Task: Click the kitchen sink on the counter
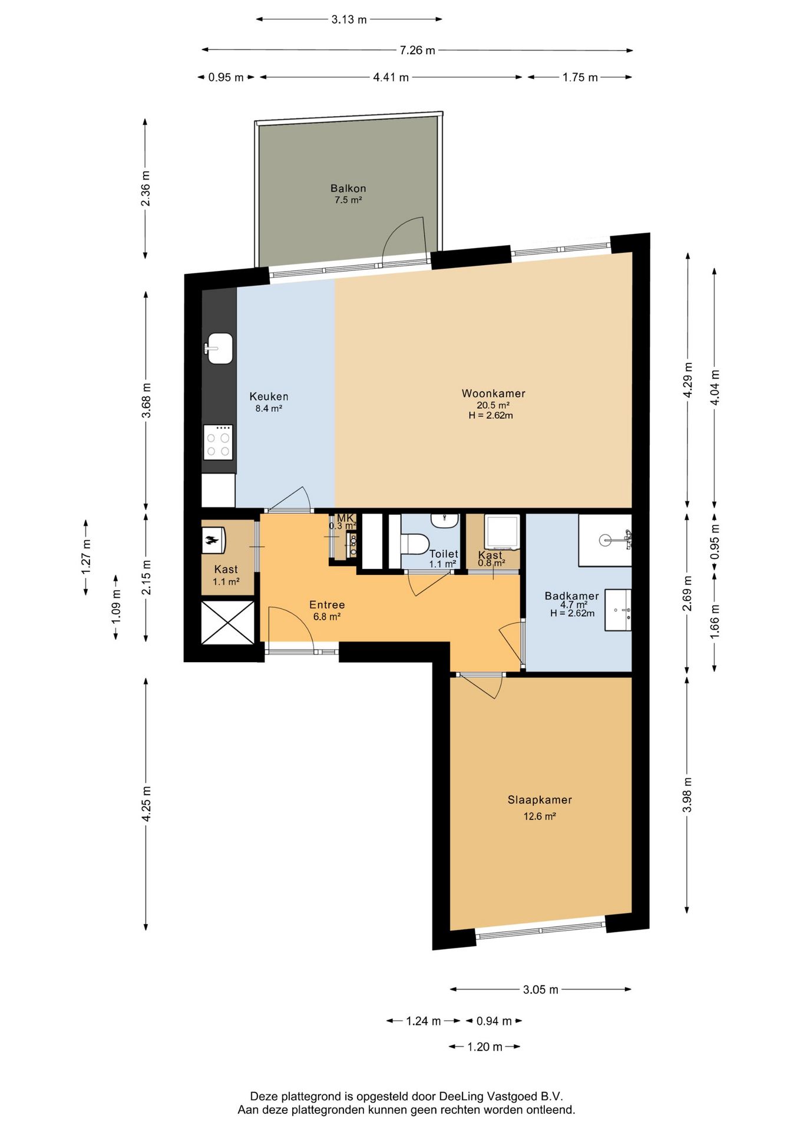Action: [x=219, y=348]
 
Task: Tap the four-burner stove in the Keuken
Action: [x=218, y=442]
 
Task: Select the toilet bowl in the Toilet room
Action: [x=415, y=543]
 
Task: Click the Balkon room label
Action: [x=348, y=188]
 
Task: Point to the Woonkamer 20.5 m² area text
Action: [x=493, y=405]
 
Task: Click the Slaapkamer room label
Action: [x=540, y=800]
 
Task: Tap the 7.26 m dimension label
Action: [x=417, y=51]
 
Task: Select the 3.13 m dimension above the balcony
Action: [x=349, y=19]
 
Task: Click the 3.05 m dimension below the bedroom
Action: [x=540, y=990]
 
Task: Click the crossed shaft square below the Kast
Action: [x=228, y=623]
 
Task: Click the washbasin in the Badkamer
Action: [x=618, y=610]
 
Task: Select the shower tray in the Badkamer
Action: [x=604, y=540]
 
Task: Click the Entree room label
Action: [x=327, y=605]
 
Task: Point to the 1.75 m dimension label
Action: [x=580, y=78]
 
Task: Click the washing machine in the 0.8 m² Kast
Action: [x=502, y=532]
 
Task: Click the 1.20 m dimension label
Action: [x=484, y=1047]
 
